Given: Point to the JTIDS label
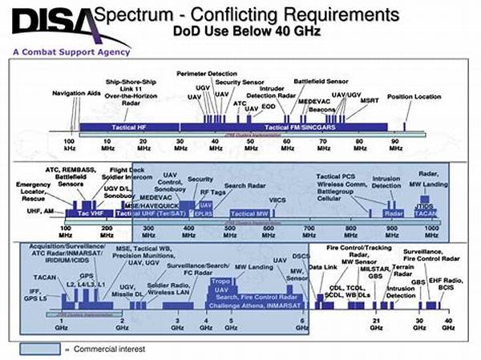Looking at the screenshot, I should (426, 206).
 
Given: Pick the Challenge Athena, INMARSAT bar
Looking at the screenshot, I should (245, 305).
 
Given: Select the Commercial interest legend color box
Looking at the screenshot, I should (40, 349).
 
